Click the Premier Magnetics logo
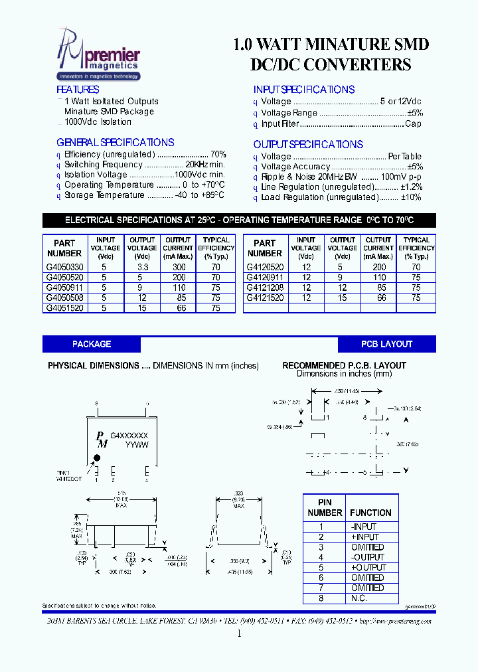pos(99,57)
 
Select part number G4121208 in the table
pos(265,288)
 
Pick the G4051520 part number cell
pos(65,308)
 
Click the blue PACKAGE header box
pos(92,344)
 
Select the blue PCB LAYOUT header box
pos(386,344)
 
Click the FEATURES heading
pos(78,90)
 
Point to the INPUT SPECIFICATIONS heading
pos(303,90)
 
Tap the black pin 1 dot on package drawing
pos(97,458)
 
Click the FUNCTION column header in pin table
pos(370,513)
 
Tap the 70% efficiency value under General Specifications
pos(218,154)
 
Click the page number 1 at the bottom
pos(239,633)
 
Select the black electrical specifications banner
pos(239,220)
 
